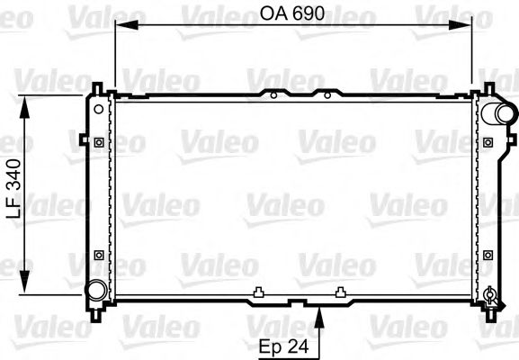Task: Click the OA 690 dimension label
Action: coord(293,15)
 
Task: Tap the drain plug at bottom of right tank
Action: coord(489,293)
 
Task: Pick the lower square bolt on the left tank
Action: coord(97,254)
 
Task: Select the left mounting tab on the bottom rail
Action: coord(258,291)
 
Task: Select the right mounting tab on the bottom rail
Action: coord(340,291)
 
